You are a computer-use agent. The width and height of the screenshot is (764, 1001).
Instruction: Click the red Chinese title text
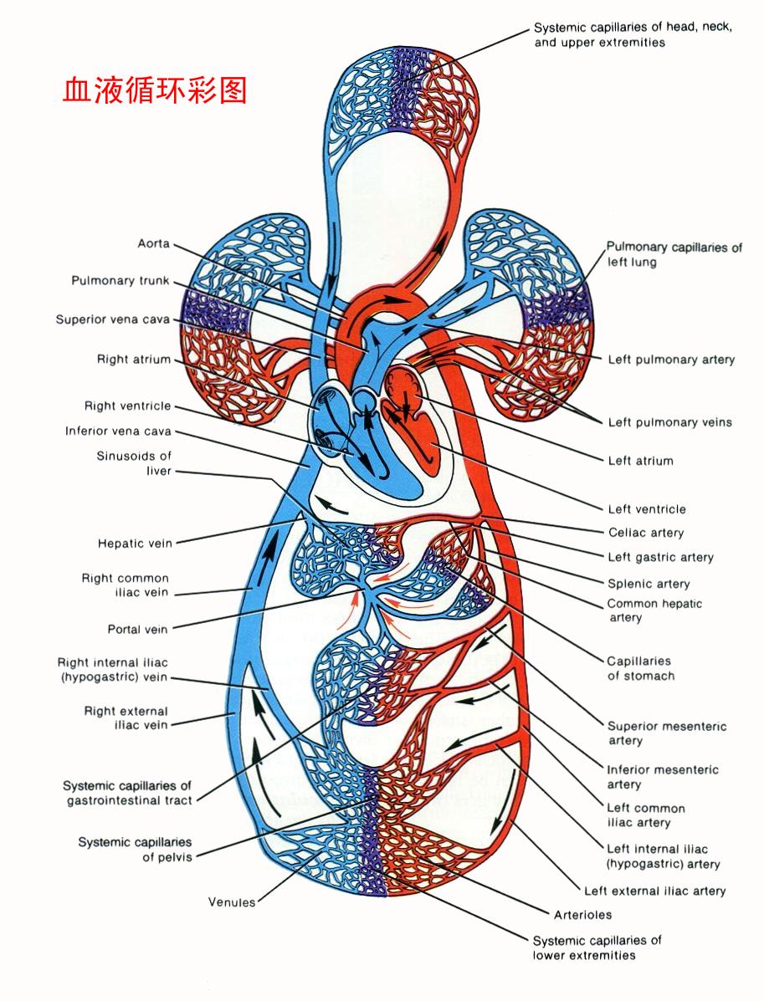pos(155,90)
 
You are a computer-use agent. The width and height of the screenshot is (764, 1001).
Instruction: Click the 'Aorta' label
pos(153,243)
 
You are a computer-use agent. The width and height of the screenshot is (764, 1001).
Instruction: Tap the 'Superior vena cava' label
pos(113,319)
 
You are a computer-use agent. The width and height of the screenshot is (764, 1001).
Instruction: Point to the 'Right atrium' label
pos(134,360)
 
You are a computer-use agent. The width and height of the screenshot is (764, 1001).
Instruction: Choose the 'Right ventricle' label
pos(127,406)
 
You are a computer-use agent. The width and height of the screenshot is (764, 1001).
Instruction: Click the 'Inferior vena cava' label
pos(118,432)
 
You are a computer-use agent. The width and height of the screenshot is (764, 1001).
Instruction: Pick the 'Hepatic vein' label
pos(135,544)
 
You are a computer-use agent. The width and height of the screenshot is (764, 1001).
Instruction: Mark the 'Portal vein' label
pos(137,629)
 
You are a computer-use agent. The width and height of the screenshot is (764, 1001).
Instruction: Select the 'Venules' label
pos(232,902)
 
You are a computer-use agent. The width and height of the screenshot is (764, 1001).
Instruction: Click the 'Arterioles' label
pos(582,914)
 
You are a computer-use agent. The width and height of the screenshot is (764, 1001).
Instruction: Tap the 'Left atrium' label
pos(640,461)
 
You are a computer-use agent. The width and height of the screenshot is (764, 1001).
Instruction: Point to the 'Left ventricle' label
pos(647,509)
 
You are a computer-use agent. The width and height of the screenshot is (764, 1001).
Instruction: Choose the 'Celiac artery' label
pos(645,533)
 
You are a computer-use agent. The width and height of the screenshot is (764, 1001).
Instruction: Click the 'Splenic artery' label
pos(649,584)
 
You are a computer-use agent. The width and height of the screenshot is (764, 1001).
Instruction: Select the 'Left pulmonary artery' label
pos(671,360)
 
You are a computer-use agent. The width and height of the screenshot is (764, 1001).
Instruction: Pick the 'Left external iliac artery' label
pos(654,891)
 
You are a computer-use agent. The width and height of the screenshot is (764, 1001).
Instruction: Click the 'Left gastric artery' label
pos(660,557)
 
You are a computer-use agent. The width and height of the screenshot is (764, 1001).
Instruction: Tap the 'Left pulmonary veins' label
pos(669,422)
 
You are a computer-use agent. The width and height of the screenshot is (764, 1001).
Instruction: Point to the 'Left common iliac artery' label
pos(646,815)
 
